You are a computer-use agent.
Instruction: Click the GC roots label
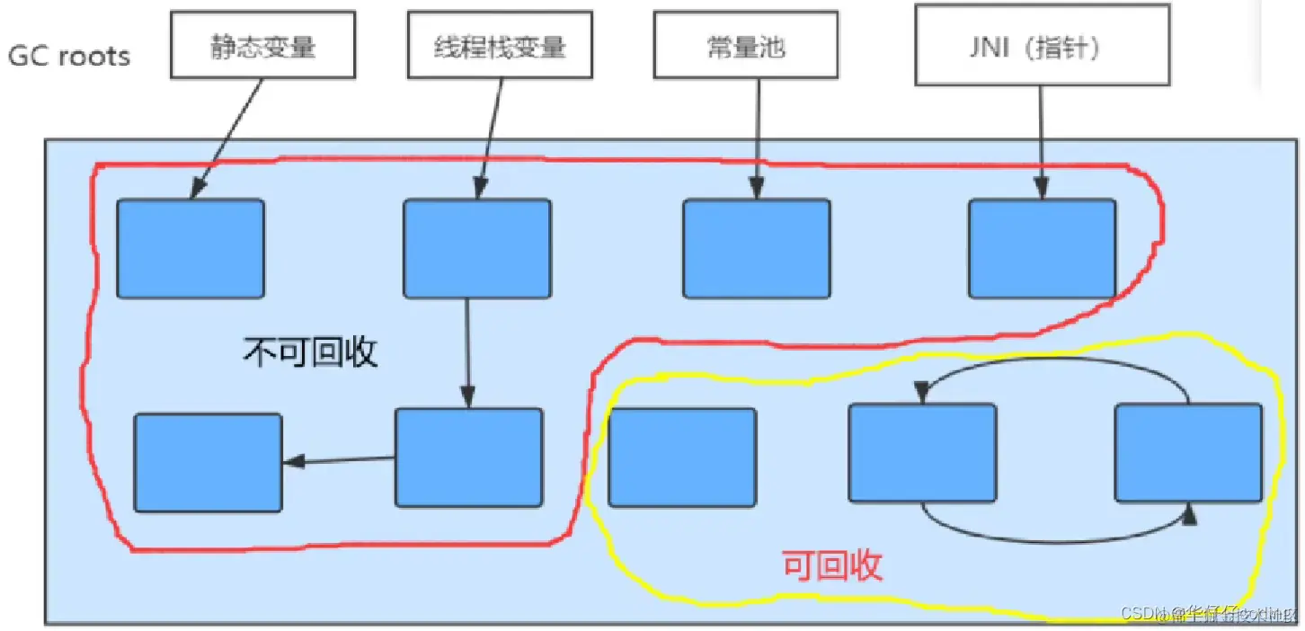coord(69,56)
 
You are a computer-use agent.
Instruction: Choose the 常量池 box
coord(745,46)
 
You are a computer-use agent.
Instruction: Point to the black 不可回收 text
coord(310,352)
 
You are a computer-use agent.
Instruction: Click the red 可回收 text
coord(832,565)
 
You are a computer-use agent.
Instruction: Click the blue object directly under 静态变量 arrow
coord(190,248)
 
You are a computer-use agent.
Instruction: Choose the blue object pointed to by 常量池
coord(756,248)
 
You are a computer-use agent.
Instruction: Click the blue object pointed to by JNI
coord(1042,248)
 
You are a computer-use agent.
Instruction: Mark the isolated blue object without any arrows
coord(682,457)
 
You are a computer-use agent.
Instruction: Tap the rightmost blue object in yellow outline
coord(1188,452)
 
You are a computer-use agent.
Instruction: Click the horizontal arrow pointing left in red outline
coord(339,461)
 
